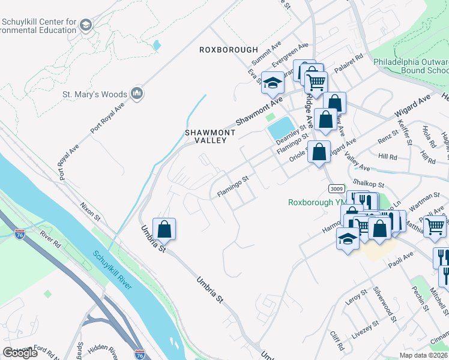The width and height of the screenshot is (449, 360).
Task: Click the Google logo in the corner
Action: (20, 352)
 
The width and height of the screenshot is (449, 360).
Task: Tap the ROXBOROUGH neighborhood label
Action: (229, 50)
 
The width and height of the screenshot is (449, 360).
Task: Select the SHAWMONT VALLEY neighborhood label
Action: (205, 136)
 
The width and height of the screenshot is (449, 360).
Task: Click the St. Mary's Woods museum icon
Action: (136, 94)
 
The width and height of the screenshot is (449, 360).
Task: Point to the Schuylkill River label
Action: (112, 269)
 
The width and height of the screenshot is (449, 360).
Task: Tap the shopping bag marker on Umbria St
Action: (164, 229)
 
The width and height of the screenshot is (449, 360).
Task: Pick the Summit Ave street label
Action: (267, 53)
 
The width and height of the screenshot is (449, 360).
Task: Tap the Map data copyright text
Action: (423, 355)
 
